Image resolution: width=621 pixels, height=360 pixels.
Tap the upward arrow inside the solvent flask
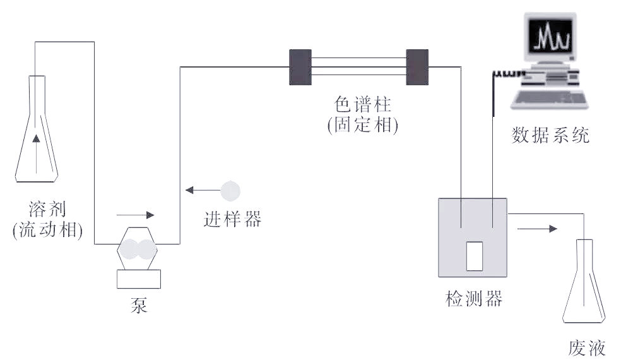click(x=36, y=140)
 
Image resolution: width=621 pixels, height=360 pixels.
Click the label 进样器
click(x=232, y=219)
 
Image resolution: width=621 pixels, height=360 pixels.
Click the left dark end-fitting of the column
click(x=300, y=66)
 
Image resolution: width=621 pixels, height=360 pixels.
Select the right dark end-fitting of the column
click(x=417, y=66)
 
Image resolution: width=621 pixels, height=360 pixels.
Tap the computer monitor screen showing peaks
click(x=552, y=37)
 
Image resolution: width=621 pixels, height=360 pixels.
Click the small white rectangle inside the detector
click(x=473, y=255)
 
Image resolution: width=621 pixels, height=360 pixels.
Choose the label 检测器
click(x=473, y=298)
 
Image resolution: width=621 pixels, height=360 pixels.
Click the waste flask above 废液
click(x=584, y=284)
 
